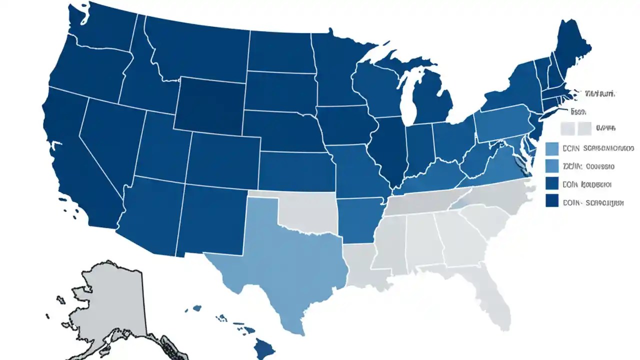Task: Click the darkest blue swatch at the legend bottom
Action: point(552,201)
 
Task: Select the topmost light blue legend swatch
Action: point(552,148)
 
